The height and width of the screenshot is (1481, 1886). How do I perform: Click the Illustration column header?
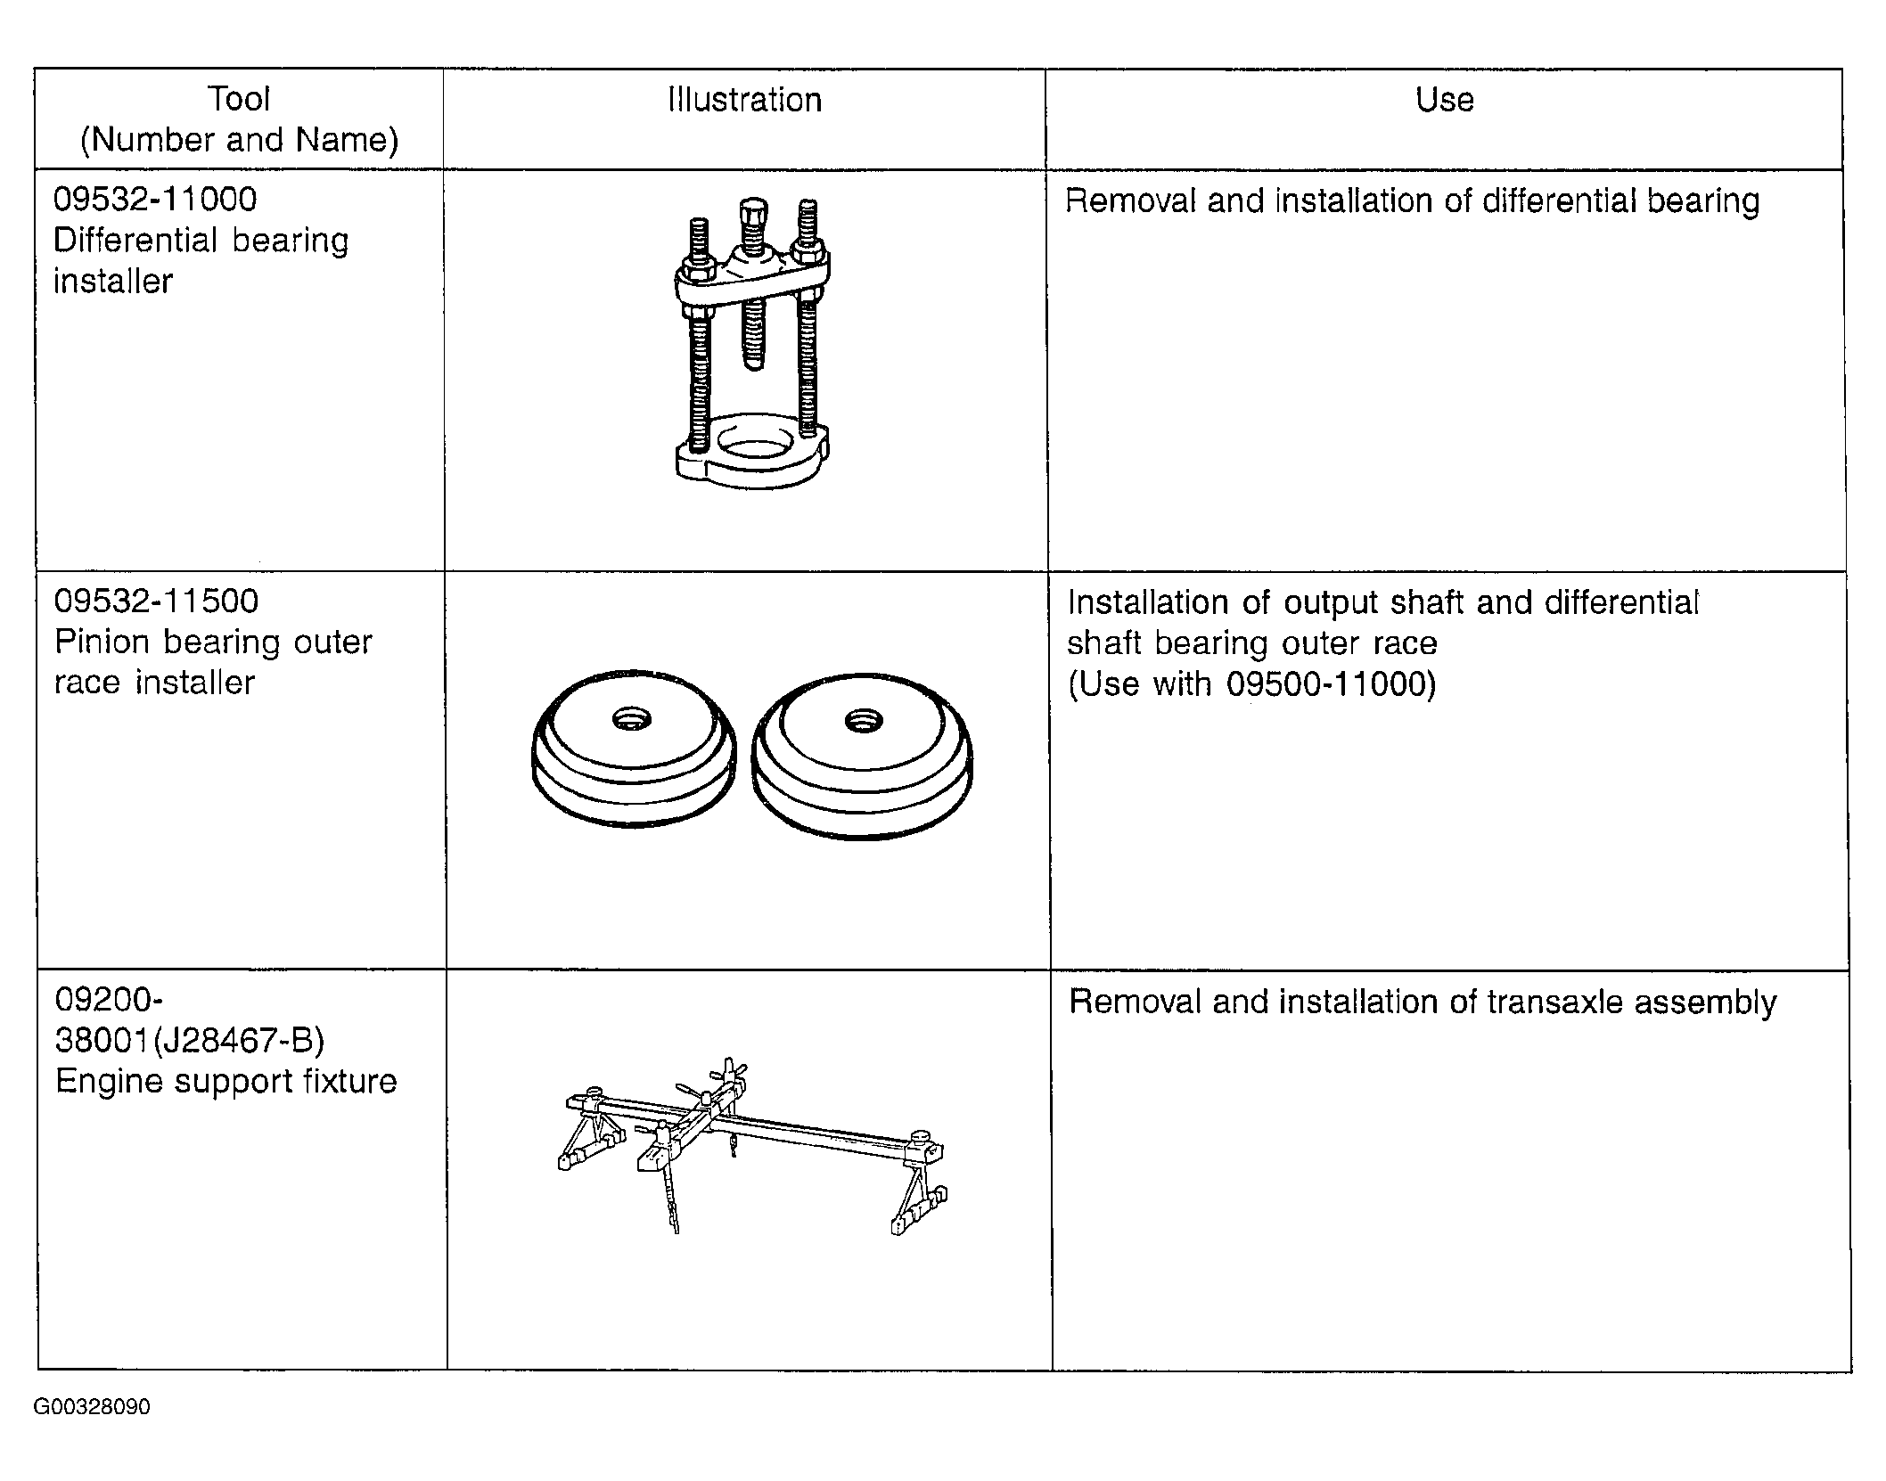(x=744, y=100)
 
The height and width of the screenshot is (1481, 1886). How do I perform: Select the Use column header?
(x=1444, y=100)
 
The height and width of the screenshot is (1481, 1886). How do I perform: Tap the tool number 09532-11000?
(x=155, y=200)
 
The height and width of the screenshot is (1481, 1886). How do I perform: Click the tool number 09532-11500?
(x=156, y=601)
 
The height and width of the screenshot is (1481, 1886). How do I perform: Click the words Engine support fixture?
(x=225, y=1081)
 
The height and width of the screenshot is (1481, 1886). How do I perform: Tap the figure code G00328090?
(x=92, y=1407)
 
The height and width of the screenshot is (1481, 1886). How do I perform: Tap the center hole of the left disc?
(x=632, y=718)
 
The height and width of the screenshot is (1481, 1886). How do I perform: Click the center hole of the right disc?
(x=862, y=720)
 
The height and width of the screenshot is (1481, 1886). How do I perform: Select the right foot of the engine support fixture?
(x=918, y=1216)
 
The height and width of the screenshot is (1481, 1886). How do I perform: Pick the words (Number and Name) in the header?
(x=239, y=140)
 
